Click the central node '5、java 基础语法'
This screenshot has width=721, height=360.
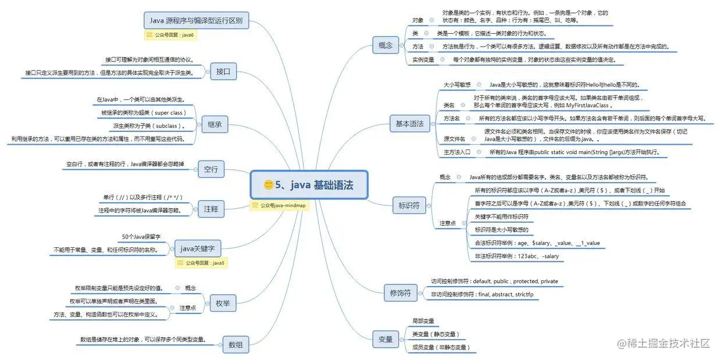309,185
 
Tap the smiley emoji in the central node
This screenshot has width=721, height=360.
269,185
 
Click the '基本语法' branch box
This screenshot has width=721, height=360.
409,123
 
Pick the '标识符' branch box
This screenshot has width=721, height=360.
409,205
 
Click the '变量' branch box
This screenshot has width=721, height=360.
386,339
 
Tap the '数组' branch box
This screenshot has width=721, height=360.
235,344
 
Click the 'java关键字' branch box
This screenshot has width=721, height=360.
198,248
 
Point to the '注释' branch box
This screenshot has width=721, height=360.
211,208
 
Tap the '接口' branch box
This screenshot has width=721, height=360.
223,72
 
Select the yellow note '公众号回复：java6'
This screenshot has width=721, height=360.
170,35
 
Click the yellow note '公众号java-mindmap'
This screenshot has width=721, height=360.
279,205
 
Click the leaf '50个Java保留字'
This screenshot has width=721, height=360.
141,237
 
